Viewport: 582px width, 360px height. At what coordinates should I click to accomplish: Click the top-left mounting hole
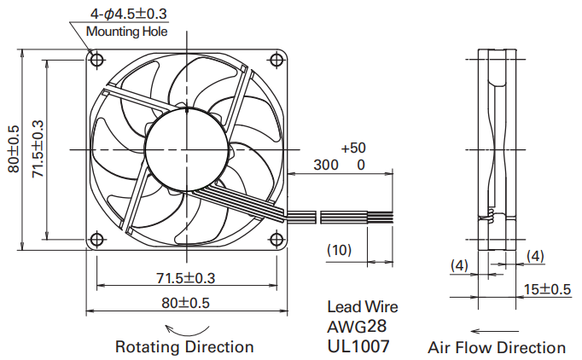96,60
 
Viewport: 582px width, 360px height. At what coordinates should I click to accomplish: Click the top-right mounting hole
276,60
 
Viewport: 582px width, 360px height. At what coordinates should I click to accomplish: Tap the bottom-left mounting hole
96,240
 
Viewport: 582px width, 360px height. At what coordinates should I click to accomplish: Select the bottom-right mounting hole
276,240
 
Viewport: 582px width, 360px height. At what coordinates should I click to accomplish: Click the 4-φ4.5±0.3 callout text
129,15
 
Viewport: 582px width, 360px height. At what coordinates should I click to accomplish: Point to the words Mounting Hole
126,32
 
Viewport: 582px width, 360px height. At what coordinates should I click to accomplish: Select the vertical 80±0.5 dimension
14,149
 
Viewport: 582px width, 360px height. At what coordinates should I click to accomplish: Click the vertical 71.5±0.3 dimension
38,149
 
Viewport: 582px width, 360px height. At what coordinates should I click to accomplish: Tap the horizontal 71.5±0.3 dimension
185,278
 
